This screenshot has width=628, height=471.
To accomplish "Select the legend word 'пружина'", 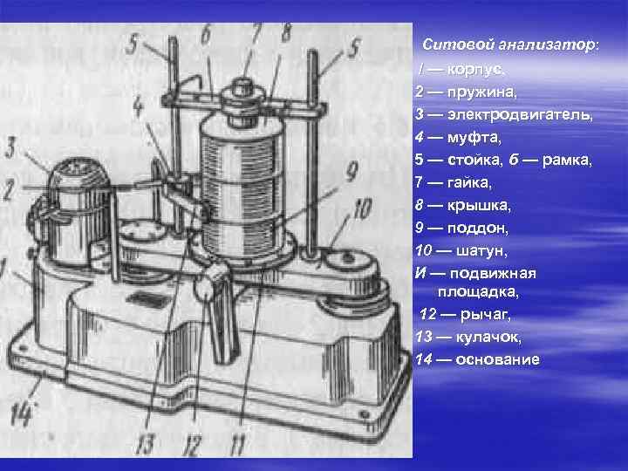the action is click(x=481, y=92).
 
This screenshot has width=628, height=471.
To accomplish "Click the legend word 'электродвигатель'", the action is click(x=520, y=115).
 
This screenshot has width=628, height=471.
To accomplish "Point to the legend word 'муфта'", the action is click(x=474, y=138).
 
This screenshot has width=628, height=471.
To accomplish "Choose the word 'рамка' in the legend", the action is click(x=566, y=160).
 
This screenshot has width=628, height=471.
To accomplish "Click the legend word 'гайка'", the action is click(x=469, y=183).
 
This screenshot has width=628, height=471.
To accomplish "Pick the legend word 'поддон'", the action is click(x=477, y=229).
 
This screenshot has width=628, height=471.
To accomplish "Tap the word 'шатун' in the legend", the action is click(x=481, y=251).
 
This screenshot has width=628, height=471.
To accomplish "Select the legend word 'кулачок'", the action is click(x=488, y=338).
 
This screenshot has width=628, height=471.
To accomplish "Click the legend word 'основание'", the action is click(x=497, y=359).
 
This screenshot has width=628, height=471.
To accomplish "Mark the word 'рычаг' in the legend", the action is click(x=486, y=315).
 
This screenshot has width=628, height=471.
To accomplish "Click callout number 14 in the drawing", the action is click(x=21, y=413).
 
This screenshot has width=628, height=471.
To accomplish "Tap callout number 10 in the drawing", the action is click(x=361, y=209).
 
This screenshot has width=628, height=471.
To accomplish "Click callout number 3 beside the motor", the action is click(x=10, y=147).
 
